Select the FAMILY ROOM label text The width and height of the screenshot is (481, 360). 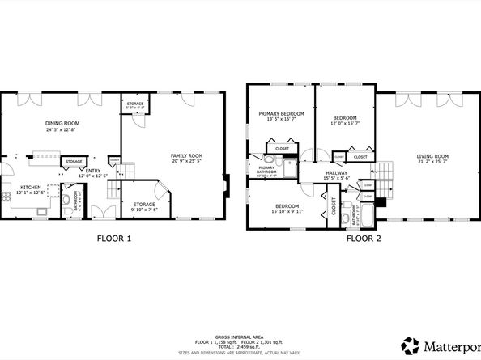[186, 155]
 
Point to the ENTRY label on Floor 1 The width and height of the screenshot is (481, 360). [94, 171]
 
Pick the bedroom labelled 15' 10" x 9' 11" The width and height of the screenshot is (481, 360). [287, 207]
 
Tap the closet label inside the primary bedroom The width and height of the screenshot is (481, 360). [282, 149]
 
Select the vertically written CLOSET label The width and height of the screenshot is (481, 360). [332, 205]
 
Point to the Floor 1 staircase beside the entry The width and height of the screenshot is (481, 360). [128, 171]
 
